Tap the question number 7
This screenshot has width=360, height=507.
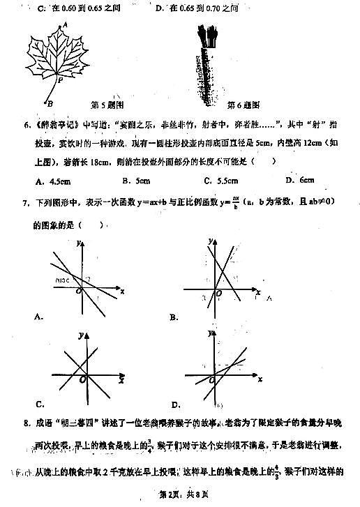pos(26,204)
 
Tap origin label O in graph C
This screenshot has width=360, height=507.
pos(83,379)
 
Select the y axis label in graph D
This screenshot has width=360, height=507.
pos(209,335)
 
